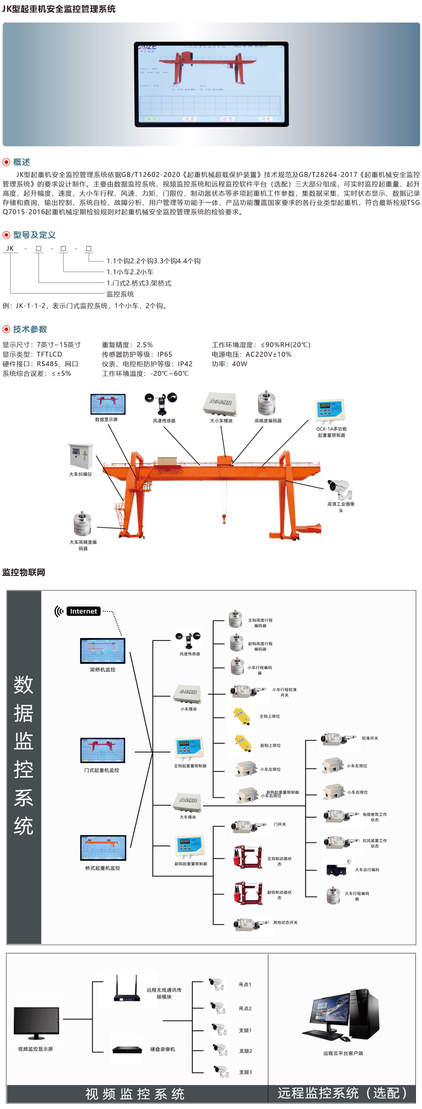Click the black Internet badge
click(83, 611)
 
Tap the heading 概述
click(22, 162)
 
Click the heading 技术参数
click(30, 329)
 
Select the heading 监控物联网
click(24, 572)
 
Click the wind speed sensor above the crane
click(160, 403)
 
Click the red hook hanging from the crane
click(224, 519)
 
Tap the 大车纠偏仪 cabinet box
click(80, 456)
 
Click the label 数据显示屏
click(106, 419)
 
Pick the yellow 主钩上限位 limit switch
click(242, 715)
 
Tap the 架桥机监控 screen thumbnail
click(103, 651)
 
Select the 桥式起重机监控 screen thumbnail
click(103, 848)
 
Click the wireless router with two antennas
click(126, 989)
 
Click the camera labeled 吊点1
click(217, 984)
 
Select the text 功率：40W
click(229, 364)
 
